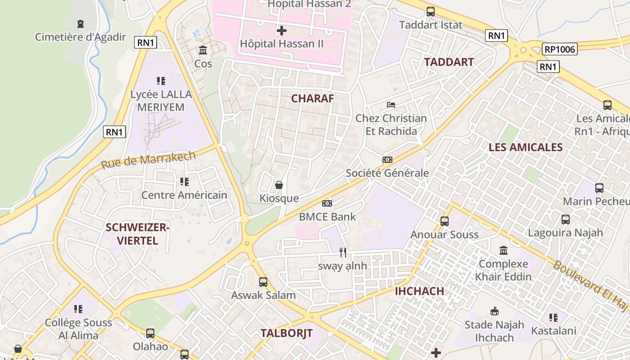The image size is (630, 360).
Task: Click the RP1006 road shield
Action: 559,49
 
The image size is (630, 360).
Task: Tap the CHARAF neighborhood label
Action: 313,99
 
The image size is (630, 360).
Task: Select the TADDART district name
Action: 449,62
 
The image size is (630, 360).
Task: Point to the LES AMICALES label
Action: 526,147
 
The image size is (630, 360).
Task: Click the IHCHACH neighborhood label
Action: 419,291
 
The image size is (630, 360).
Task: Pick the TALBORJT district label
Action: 286,333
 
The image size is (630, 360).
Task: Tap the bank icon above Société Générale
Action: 387,160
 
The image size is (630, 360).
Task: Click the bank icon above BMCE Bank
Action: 327,203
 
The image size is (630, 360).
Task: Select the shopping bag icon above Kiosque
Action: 279,185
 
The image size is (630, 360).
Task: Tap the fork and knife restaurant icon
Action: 343,252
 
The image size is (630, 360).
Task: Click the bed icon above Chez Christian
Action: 391,105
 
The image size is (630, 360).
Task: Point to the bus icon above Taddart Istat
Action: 431,12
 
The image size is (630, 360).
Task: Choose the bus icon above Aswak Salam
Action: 263,282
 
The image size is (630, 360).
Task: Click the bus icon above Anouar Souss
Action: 445,221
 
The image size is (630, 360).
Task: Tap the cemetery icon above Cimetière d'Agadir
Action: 81,23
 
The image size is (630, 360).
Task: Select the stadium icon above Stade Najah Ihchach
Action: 494,311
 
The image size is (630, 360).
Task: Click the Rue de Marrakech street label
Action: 148,160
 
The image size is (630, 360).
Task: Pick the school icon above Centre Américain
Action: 184,182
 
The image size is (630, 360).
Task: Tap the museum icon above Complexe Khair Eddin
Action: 504,250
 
